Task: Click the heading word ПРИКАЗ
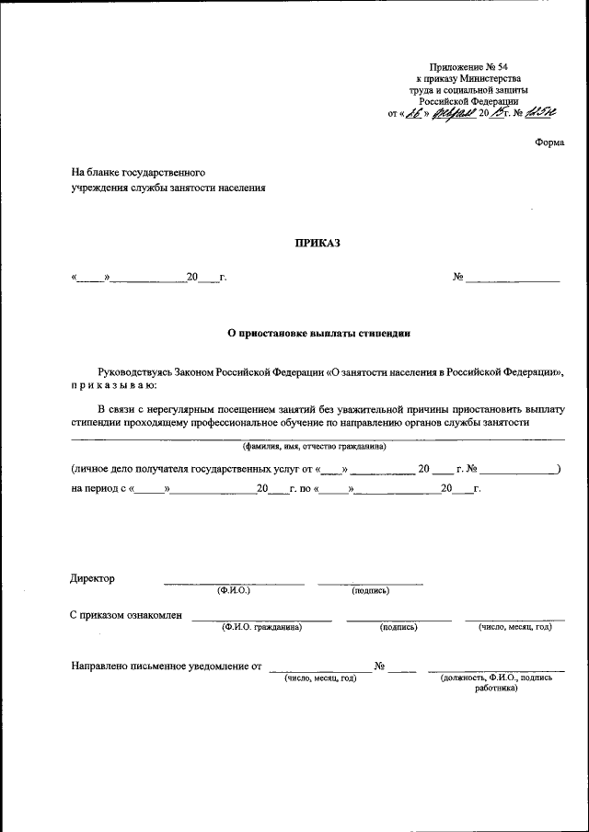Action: pyautogui.click(x=316, y=244)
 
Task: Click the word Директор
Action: pyautogui.click(x=93, y=578)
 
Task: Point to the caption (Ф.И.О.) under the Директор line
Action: pyautogui.click(x=234, y=590)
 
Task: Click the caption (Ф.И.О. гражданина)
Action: pyautogui.click(x=261, y=627)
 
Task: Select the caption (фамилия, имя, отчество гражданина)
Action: pyautogui.click(x=314, y=446)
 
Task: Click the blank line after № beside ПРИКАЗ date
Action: pyautogui.click(x=513, y=278)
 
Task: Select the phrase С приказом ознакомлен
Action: pyautogui.click(x=126, y=615)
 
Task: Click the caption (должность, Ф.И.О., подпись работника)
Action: pyautogui.click(x=496, y=682)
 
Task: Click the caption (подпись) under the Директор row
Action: pyautogui.click(x=371, y=590)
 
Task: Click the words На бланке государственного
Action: pyautogui.click(x=138, y=172)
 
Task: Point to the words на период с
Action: pyautogui.click(x=98, y=488)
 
